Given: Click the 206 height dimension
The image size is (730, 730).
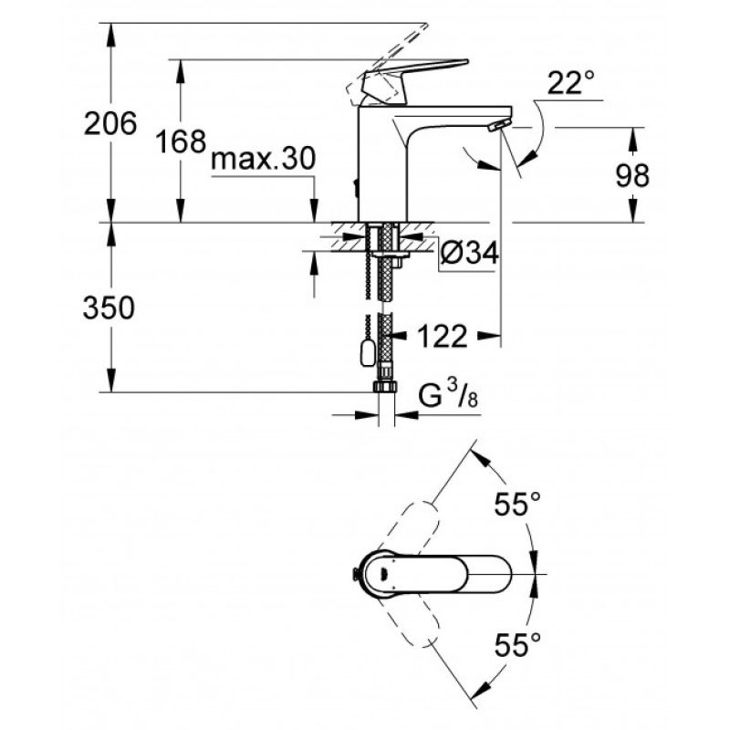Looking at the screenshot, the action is click(110, 124).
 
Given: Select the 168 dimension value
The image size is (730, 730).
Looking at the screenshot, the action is click(181, 141).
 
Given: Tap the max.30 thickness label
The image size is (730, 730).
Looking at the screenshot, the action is click(263, 158).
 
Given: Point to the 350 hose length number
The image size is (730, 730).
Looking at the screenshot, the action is click(109, 308).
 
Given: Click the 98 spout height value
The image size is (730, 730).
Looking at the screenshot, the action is click(632, 175).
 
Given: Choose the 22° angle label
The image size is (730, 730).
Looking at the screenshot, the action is click(571, 82).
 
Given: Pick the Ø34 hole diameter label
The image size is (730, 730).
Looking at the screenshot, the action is click(469, 254).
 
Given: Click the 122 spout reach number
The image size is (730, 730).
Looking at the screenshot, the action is click(442, 336).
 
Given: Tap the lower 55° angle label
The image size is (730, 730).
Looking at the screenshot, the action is click(517, 644).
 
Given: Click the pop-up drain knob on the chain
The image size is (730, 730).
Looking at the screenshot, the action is click(368, 352).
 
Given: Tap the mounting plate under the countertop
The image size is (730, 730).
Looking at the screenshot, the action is click(391, 255).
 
